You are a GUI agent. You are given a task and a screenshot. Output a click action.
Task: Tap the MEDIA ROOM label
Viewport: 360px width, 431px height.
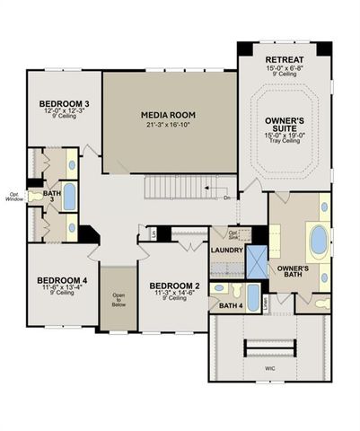(169, 115)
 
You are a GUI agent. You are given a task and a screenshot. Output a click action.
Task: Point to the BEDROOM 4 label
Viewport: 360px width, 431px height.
(61, 279)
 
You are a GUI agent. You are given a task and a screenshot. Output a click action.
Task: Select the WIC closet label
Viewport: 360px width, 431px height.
(270, 367)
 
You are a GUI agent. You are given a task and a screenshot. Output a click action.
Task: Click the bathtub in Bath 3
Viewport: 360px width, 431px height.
(69, 196)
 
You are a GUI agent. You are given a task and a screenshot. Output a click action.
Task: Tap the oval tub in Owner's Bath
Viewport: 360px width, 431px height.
(318, 241)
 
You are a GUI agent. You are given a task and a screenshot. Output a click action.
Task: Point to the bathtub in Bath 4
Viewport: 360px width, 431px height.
(253, 296)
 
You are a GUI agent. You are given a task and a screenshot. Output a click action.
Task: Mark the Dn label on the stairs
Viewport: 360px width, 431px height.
(227, 197)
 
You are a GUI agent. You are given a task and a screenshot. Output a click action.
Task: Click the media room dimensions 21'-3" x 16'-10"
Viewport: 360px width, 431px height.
(169, 126)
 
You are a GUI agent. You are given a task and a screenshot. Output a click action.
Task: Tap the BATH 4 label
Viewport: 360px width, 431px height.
(231, 306)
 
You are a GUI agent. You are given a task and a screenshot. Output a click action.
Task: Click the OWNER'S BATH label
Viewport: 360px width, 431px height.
(293, 272)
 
